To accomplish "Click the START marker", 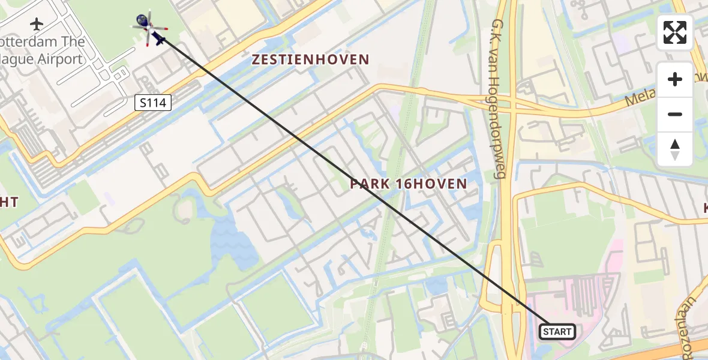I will tap(557, 331).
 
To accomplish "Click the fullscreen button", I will tap(675, 32).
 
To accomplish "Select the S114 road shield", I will tap(152, 103).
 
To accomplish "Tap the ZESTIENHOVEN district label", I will tap(310, 59).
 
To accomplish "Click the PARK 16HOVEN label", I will tap(409, 184).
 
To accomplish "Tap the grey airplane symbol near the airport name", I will tap(37, 24).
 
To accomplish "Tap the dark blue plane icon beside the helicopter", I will tap(159, 40).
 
